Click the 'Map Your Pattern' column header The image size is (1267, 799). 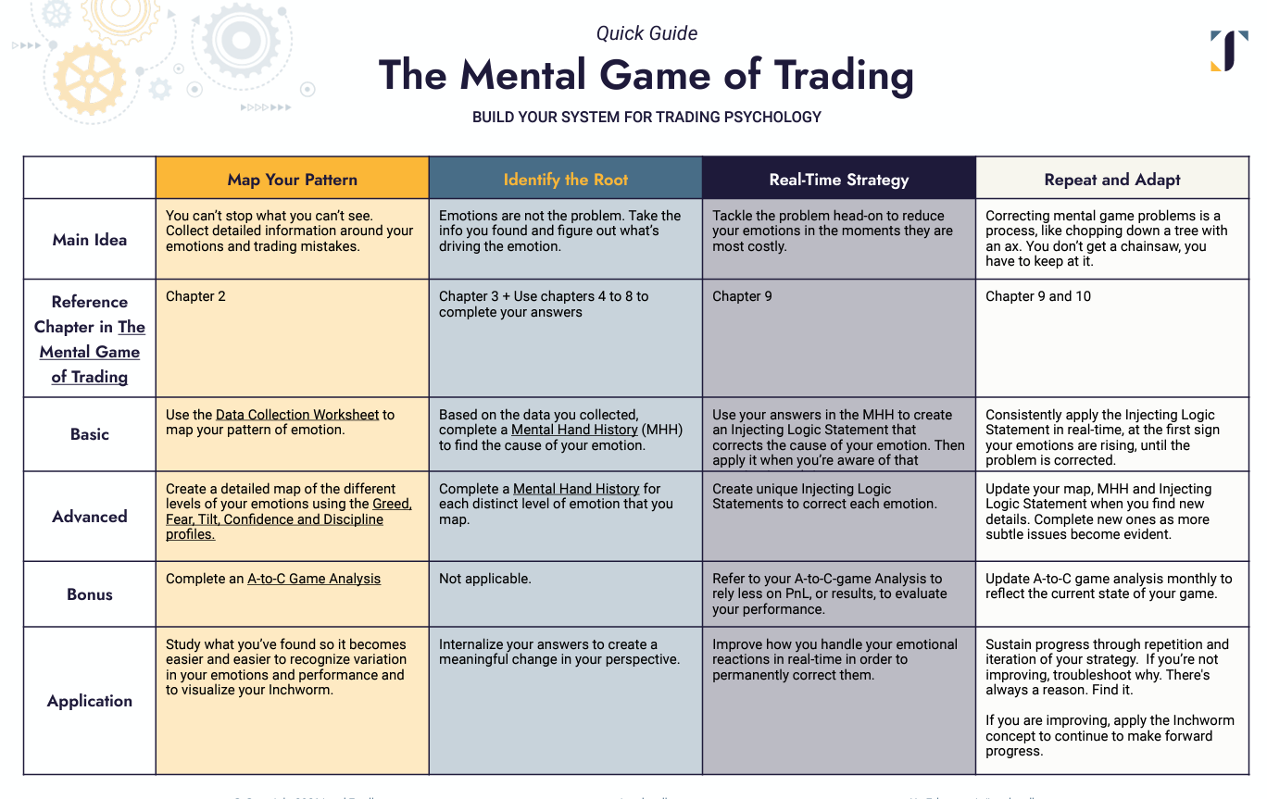[x=292, y=180]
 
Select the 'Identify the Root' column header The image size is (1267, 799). [x=565, y=180]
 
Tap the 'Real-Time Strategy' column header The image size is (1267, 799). [x=838, y=180]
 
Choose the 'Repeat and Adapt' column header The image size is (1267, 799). [x=1112, y=180]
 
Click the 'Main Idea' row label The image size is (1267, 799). [x=90, y=240]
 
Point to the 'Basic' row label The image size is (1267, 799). [x=90, y=434]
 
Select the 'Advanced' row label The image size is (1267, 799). [x=90, y=517]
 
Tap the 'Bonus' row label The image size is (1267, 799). [x=90, y=594]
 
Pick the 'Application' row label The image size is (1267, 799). [x=90, y=701]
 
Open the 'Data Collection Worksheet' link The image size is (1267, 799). [x=297, y=415]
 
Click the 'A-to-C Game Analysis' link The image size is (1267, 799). [x=314, y=579]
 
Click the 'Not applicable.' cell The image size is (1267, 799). [x=485, y=579]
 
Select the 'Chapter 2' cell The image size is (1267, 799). [x=195, y=296]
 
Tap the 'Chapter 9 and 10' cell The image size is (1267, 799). [x=1038, y=296]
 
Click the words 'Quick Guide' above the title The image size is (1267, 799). [x=646, y=33]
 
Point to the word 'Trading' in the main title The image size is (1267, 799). [x=844, y=75]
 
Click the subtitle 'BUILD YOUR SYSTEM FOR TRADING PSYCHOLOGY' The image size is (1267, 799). [x=646, y=118]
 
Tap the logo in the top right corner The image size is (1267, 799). [x=1229, y=50]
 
